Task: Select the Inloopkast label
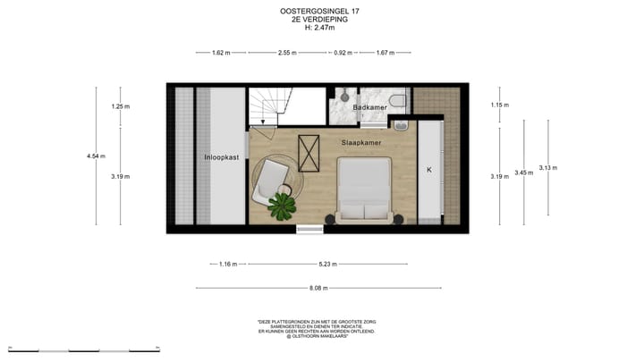(x=221, y=157)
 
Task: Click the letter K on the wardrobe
(x=428, y=169)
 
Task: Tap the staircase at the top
(x=267, y=107)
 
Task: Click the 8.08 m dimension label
(x=318, y=288)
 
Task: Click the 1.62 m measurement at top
(x=221, y=53)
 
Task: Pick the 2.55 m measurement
(x=287, y=53)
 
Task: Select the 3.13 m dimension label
(x=548, y=168)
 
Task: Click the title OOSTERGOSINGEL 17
(x=321, y=12)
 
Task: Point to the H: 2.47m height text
(x=321, y=28)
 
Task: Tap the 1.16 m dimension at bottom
(x=230, y=264)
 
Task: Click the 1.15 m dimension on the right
(x=499, y=105)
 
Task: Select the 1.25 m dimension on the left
(x=121, y=106)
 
